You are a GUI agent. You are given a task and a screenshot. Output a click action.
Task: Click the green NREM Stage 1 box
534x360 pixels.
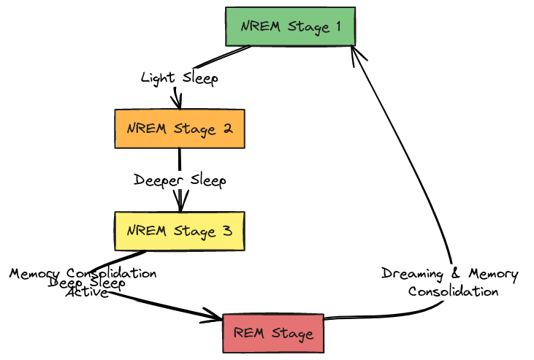(290, 27)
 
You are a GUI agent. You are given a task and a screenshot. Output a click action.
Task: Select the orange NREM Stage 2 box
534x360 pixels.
(179, 129)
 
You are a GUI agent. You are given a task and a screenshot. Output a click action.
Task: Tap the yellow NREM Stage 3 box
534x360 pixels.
(179, 231)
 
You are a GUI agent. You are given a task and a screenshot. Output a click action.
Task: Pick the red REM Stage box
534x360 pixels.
(273, 334)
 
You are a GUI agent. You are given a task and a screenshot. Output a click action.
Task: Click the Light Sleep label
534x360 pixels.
(179, 78)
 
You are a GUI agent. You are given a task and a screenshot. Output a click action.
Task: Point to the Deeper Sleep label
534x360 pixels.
(180, 180)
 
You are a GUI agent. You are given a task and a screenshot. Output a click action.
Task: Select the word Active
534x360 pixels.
(87, 293)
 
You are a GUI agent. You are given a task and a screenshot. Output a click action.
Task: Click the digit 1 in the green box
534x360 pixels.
(337, 27)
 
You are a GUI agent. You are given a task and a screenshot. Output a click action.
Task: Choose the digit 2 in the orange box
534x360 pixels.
(227, 129)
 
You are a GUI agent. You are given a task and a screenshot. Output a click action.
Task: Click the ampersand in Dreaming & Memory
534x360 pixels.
(457, 275)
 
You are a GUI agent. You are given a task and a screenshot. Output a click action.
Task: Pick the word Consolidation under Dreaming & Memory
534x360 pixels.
(453, 291)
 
